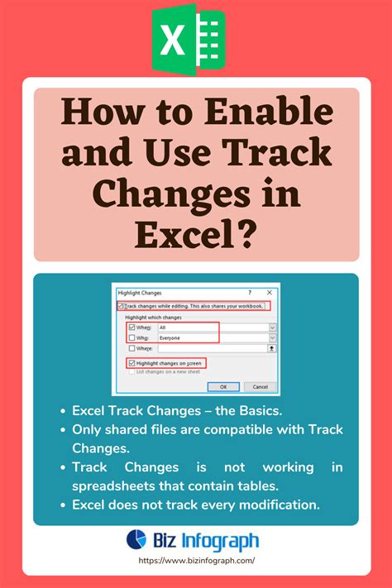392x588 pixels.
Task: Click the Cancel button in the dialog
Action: click(x=260, y=386)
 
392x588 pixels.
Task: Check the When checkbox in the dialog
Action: click(x=131, y=327)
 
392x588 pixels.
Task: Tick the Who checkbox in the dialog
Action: click(x=131, y=337)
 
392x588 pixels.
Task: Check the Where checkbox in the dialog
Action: click(x=131, y=348)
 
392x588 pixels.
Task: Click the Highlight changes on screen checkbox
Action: click(x=131, y=363)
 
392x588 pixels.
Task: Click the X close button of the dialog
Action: click(x=270, y=293)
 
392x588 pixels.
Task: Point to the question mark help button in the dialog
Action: click(x=249, y=293)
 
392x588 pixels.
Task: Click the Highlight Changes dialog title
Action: click(x=140, y=293)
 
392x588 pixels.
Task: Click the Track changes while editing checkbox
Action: click(x=122, y=306)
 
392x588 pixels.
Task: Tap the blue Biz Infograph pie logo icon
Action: click(x=136, y=540)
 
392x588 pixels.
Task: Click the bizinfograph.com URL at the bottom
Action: click(x=196, y=560)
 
